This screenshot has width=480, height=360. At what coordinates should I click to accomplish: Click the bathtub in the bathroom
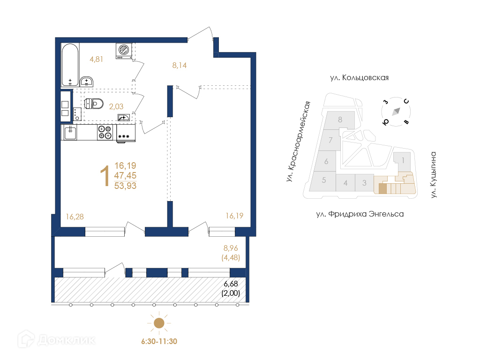(x=70, y=65)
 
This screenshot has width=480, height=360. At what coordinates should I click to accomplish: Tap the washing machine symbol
(x=124, y=51)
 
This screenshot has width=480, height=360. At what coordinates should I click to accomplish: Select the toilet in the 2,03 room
(x=93, y=104)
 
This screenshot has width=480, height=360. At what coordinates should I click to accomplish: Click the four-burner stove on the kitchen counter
(x=105, y=133)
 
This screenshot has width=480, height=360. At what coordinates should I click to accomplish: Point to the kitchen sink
(x=70, y=133)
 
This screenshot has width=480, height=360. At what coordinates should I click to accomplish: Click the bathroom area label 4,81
(x=96, y=59)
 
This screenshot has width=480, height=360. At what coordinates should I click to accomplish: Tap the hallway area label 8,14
(x=180, y=65)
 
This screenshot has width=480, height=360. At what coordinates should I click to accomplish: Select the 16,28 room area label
(x=75, y=217)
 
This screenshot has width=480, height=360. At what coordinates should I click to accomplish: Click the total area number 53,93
(x=125, y=186)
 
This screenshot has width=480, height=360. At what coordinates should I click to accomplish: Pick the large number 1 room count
(x=105, y=176)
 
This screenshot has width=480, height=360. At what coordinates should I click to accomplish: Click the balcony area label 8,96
(x=231, y=248)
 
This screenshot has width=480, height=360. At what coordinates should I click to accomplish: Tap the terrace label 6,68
(x=231, y=284)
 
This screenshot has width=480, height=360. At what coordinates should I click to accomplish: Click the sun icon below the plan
(x=159, y=323)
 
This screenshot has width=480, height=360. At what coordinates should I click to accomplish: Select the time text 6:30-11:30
(x=159, y=341)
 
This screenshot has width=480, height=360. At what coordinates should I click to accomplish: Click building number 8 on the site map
(x=340, y=120)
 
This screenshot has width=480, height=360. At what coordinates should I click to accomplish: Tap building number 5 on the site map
(x=324, y=180)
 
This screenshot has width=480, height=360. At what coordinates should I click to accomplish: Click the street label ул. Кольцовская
(x=360, y=78)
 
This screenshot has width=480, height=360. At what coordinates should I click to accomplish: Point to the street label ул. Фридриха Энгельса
(x=360, y=214)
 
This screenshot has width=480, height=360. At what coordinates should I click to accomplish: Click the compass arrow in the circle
(x=396, y=112)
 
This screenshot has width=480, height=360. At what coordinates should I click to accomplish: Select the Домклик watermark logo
(x=56, y=339)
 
